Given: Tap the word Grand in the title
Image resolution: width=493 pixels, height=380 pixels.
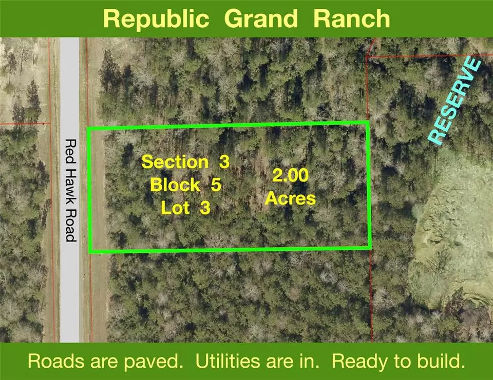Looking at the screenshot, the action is (261, 18).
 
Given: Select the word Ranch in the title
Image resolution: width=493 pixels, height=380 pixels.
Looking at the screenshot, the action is (351, 18).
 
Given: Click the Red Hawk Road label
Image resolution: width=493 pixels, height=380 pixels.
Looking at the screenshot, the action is (71, 191).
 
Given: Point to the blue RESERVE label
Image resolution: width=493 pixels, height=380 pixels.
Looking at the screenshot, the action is (454, 100).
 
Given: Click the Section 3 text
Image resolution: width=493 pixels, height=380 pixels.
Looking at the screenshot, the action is (185, 162).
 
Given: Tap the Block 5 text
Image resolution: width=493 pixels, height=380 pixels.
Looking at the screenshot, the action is (185, 185).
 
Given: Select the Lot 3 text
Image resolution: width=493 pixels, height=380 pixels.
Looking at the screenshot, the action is (185, 208).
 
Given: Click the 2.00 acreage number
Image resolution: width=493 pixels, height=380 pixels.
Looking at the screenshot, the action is (290, 175).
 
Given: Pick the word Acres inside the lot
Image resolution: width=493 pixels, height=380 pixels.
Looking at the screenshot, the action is (290, 198).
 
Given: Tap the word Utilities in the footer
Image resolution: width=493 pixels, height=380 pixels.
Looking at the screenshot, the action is (228, 361).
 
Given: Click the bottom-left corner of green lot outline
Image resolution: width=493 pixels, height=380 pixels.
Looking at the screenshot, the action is (90, 251).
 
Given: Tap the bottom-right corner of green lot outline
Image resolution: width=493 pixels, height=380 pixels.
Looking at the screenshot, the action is (370, 248).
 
